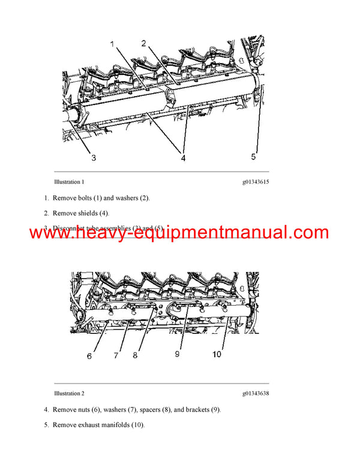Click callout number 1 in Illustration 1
click(112, 44)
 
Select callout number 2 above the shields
click(144, 43)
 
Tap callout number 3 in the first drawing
click(94, 159)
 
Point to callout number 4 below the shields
click(183, 159)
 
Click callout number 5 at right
click(253, 157)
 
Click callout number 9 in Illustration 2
click(178, 354)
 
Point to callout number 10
click(216, 354)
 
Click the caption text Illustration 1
click(69, 181)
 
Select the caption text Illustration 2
click(69, 393)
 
